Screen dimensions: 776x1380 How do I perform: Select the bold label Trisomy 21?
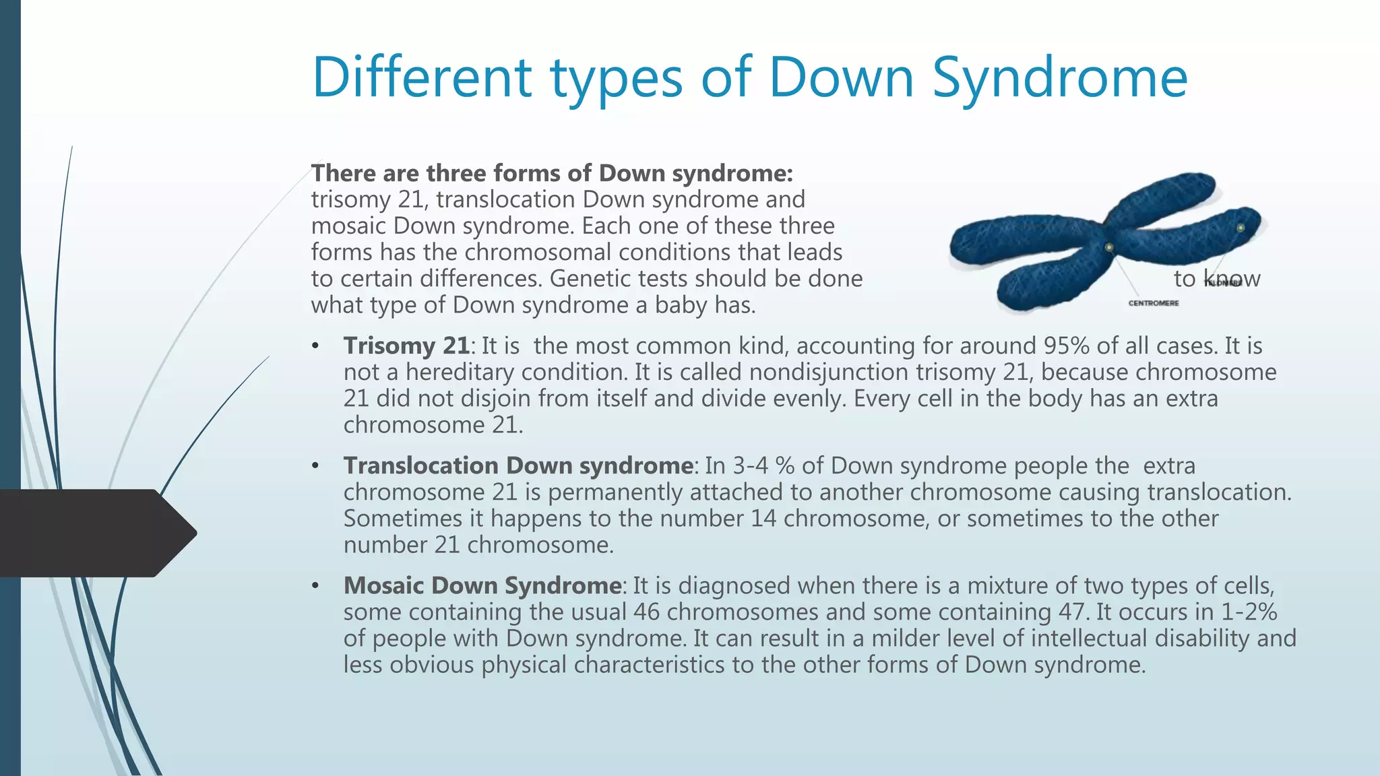pyautogui.click(x=406, y=346)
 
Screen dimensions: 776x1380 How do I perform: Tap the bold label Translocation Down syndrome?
pyautogui.click(x=518, y=466)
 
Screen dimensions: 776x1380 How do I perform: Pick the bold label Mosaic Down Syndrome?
pyautogui.click(x=482, y=586)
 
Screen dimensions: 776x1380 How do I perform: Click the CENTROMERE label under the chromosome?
pyautogui.click(x=1154, y=304)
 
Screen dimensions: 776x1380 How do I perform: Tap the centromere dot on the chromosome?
pyautogui.click(x=1109, y=248)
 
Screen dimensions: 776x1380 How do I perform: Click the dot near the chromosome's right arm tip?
pyautogui.click(x=1241, y=228)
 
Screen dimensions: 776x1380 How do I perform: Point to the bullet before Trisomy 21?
pyautogui.click(x=315, y=347)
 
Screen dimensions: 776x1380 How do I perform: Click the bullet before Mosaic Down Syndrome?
pyautogui.click(x=315, y=587)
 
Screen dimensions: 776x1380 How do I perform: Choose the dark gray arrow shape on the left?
pyautogui.click(x=94, y=533)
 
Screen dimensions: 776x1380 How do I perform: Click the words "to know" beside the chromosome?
pyautogui.click(x=1216, y=279)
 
